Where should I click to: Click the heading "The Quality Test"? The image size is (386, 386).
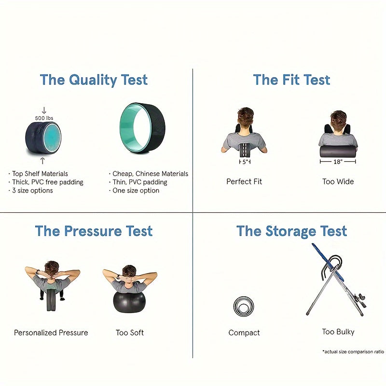coord(94,80)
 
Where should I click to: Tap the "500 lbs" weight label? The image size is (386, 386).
coord(44,118)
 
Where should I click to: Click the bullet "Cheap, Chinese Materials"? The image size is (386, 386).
coord(150,174)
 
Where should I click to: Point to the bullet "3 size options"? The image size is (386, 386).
coord(32,191)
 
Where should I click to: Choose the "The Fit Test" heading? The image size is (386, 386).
coord(291,80)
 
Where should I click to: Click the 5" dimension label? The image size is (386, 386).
coord(246,162)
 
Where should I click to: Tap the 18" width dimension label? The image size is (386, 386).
coord(338,162)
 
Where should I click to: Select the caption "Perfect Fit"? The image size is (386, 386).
coord(244,182)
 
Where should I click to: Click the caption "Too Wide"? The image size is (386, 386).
coord(338,182)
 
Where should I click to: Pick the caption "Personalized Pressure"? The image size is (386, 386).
coord(51,333)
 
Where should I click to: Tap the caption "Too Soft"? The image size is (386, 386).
coord(130,333)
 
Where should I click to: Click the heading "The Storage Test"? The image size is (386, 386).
coord(292,231)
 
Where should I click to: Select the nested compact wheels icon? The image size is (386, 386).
coord(244,307)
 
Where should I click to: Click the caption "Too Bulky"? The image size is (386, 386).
coord(338,332)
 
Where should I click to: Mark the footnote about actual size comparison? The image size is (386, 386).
coord(353,352)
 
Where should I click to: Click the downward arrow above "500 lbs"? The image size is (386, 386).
coord(44,110)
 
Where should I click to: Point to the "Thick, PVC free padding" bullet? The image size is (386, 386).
coord(48,182)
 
